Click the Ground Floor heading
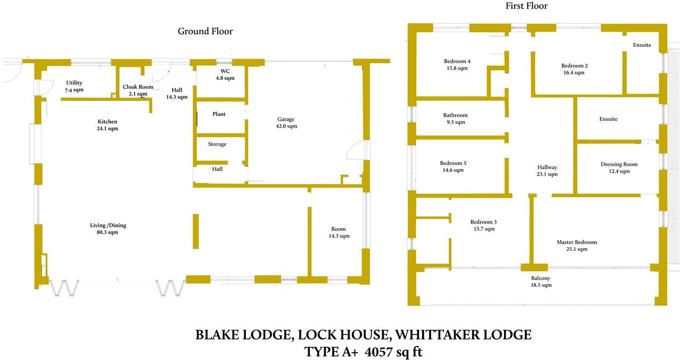point(205,31)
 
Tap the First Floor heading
point(526,6)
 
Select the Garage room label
point(286,120)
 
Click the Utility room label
point(74,83)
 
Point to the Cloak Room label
point(138,87)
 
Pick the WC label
point(225,71)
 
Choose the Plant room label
point(219,114)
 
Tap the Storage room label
point(217,144)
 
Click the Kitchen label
point(108,121)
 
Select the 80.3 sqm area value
point(108,232)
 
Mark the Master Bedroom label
point(576,242)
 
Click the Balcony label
point(540,278)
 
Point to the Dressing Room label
point(619,164)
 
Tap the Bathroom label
point(455,115)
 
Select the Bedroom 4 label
point(457,61)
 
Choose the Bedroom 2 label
point(575,65)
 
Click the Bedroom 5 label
point(453,163)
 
